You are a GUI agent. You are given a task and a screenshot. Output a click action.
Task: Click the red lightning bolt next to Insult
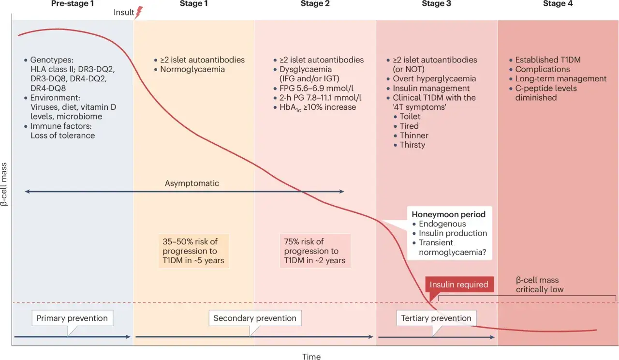pyautogui.click(x=139, y=13)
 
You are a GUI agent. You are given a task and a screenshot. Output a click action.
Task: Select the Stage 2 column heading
pyautogui.click(x=315, y=3)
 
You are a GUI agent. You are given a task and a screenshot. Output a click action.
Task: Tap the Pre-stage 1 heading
pyautogui.click(x=73, y=3)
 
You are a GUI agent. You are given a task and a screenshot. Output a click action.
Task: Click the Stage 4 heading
pyautogui.click(x=558, y=3)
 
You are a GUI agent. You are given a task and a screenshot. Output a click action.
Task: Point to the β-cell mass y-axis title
pyautogui.click(x=4, y=184)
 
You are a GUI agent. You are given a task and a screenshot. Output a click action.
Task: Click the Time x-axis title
pyautogui.click(x=311, y=357)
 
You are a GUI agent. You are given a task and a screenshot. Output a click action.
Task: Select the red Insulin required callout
pyautogui.click(x=459, y=285)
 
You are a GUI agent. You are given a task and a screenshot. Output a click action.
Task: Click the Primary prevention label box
pyautogui.click(x=73, y=318)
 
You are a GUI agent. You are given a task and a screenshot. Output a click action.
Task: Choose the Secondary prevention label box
pyautogui.click(x=255, y=318)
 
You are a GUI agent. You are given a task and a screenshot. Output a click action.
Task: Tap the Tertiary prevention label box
pyautogui.click(x=436, y=318)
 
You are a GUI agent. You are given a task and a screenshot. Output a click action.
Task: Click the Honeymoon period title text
pyautogui.click(x=448, y=214)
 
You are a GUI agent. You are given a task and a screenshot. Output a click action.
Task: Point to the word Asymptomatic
pyautogui.click(x=192, y=183)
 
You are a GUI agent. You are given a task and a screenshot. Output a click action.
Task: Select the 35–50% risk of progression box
pyautogui.click(x=193, y=251)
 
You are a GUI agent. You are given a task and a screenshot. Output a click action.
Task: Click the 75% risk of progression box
pyautogui.click(x=315, y=251)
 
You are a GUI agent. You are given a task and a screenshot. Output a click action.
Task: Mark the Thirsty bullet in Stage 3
pyautogui.click(x=410, y=145)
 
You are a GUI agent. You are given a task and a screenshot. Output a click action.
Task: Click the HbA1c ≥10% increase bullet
pyautogui.click(x=314, y=107)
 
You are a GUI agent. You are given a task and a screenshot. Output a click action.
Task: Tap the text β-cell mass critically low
pyautogui.click(x=539, y=285)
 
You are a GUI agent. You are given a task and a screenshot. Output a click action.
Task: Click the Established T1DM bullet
pyautogui.click(x=545, y=60)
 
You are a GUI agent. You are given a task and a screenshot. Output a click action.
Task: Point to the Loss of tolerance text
pyautogui.click(x=62, y=135)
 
